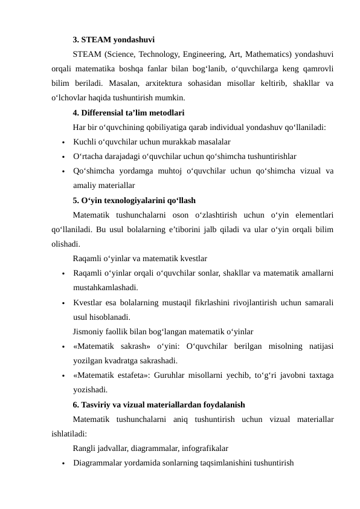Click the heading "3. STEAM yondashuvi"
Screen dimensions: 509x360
(x=114, y=41)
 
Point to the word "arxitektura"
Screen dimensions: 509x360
(x=168, y=83)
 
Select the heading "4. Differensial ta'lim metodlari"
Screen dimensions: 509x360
(x=128, y=112)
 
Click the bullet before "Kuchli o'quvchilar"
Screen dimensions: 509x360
(x=63, y=142)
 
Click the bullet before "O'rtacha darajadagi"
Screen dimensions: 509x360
(x=63, y=157)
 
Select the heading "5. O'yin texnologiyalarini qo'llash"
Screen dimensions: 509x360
(x=134, y=200)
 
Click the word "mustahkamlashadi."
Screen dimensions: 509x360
(x=105, y=287)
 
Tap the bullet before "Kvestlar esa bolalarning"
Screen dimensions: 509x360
(x=63, y=302)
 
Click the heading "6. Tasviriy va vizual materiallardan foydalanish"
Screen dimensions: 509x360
(x=158, y=404)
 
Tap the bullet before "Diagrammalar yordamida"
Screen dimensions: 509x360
(x=63, y=463)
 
